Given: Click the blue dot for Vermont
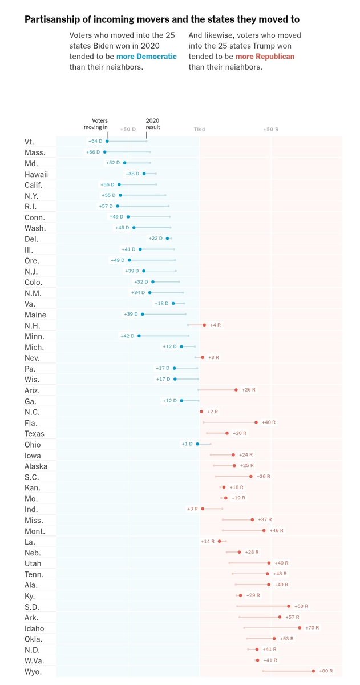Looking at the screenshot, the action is (107, 141).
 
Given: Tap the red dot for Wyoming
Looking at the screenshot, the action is (313, 671).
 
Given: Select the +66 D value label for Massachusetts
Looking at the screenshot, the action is (93, 152).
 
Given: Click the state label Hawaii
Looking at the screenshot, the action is (36, 174).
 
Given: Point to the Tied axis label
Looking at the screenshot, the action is (199, 130).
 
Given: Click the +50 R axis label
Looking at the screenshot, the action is (271, 130).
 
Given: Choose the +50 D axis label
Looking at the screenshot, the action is (128, 130).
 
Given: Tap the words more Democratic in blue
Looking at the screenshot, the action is (147, 57).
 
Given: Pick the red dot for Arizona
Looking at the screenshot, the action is (236, 389).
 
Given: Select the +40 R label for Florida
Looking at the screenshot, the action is (269, 422).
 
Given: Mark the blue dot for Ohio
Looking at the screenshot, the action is (197, 444).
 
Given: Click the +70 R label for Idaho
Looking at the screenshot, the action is (312, 627).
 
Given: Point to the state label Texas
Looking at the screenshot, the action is (34, 434).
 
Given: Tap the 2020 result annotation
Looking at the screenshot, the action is (153, 124).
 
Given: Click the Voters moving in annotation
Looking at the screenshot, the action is (96, 124).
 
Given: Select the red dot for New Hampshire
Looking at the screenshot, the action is (204, 325).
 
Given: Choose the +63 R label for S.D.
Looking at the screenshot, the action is (301, 606).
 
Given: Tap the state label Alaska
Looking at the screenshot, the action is (36, 466).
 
